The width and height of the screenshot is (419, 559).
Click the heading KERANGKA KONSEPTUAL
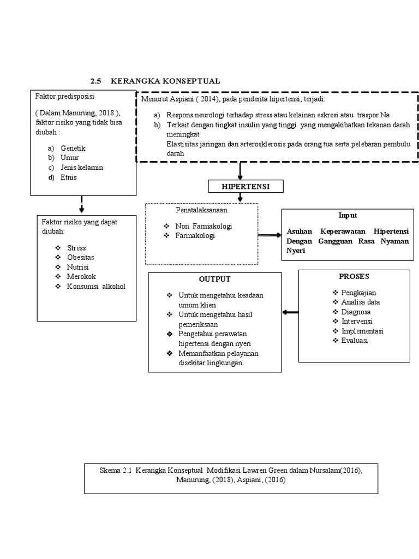click(165, 81)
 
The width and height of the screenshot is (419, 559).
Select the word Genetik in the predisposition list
click(73, 148)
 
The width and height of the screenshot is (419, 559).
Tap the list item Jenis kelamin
click(82, 168)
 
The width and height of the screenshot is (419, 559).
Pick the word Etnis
click(69, 177)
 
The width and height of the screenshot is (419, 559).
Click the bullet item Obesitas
click(81, 257)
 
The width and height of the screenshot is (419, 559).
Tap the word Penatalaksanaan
click(201, 209)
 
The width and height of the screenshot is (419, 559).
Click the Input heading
click(348, 216)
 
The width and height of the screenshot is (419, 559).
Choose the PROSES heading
click(354, 277)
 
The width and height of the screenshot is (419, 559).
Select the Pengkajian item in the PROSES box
click(358, 293)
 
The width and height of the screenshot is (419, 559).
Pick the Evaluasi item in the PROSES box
click(355, 340)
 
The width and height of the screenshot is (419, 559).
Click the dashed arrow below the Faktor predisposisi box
click(81, 205)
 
